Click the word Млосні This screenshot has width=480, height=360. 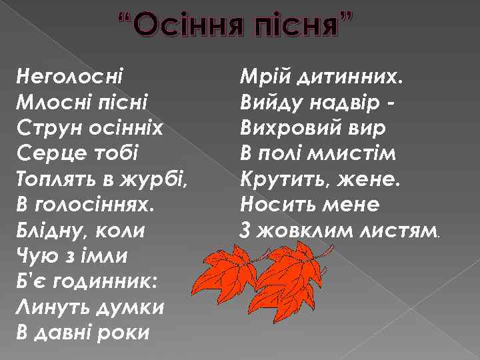click(51, 101)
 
